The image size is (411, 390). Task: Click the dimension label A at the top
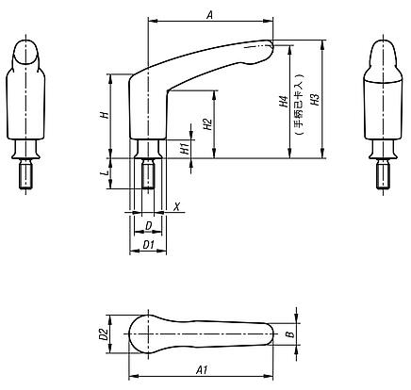[209, 14]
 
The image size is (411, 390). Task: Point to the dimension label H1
[185, 146]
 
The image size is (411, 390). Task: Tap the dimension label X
[176, 204]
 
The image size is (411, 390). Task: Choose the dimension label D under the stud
[148, 226]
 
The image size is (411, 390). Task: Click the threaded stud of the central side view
[148, 175]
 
